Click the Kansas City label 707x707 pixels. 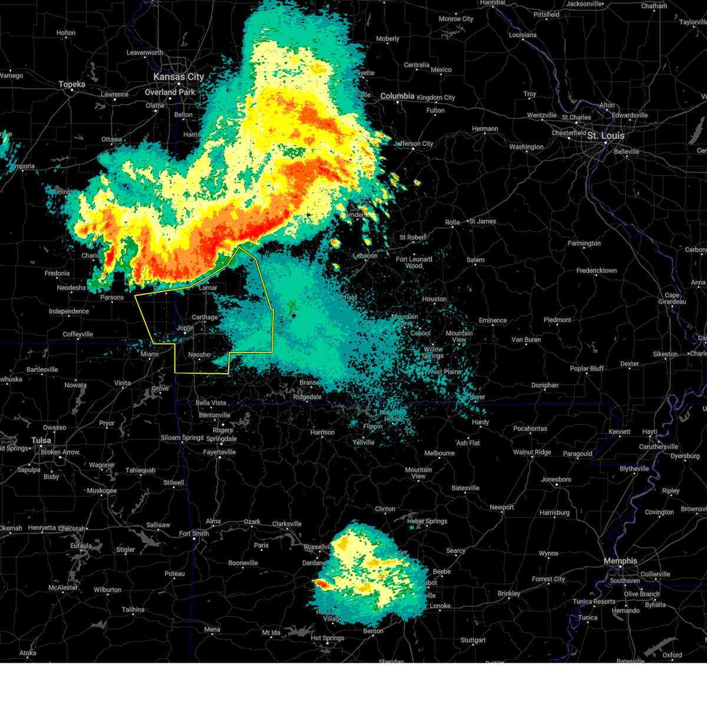tap(178, 77)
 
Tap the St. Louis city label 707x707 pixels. tap(605, 136)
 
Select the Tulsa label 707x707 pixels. tap(41, 441)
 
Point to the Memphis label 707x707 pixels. tap(620, 561)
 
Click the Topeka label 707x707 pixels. tap(72, 85)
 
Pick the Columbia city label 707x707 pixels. tap(397, 96)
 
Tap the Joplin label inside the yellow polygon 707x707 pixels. tap(185, 328)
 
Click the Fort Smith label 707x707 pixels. tap(194, 534)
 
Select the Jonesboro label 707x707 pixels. tap(556, 480)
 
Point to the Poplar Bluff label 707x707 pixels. tap(587, 369)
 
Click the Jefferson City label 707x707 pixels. tap(414, 144)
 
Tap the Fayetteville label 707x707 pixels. tap(219, 452)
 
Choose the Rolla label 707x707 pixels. tap(452, 223)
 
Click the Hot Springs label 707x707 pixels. tap(328, 638)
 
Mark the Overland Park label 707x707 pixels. tap(170, 92)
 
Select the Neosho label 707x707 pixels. tap(199, 355)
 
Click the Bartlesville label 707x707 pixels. tap(42, 370)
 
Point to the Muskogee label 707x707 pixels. tap(102, 491)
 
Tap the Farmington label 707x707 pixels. tap(584, 243)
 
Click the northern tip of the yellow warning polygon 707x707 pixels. tap(239, 247)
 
